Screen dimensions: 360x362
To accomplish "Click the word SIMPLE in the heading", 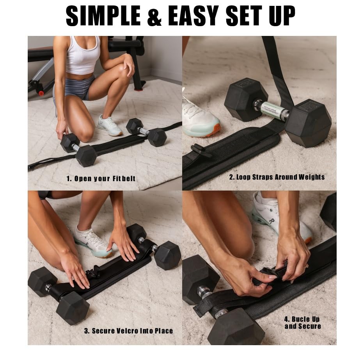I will point(103,16).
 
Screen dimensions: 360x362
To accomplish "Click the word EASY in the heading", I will point(193,16).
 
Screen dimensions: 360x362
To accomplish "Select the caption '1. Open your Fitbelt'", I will point(101,178).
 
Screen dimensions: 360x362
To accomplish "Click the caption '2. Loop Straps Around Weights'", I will point(277,177).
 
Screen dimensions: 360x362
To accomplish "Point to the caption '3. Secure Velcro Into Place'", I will point(128,331).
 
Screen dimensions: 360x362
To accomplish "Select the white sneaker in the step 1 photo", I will point(110,126).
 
